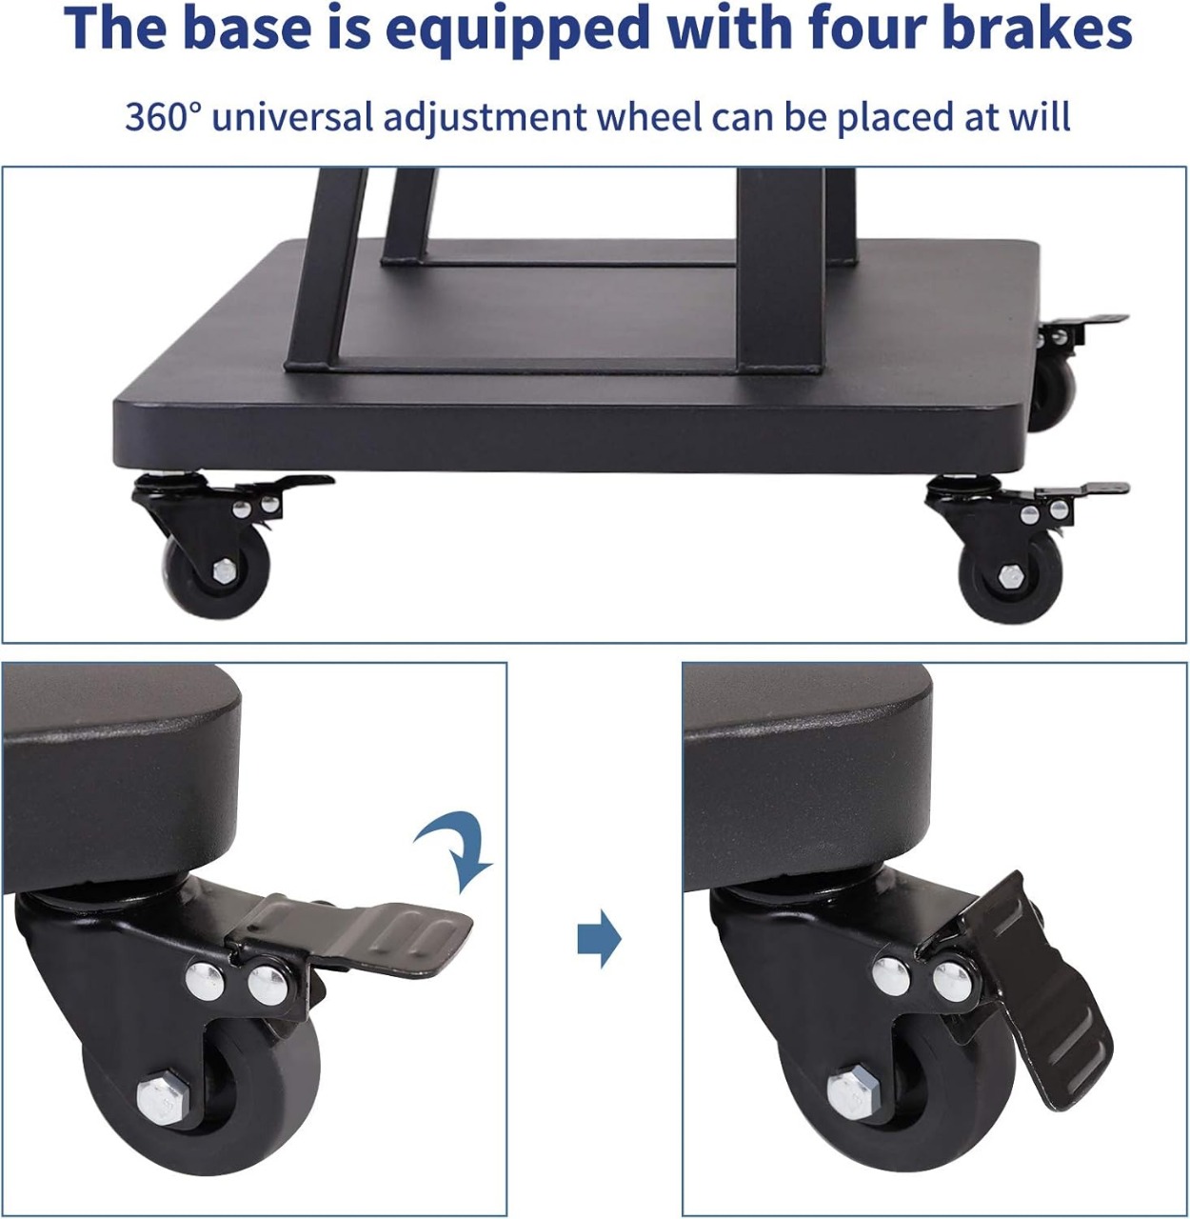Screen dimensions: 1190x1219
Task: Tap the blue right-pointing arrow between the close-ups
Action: [x=600, y=939]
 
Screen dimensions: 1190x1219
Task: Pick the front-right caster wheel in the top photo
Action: [x=1010, y=575]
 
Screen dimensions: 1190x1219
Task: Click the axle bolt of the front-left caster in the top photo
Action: [x=225, y=570]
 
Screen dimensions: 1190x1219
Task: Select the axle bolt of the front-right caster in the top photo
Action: [x=1008, y=577]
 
